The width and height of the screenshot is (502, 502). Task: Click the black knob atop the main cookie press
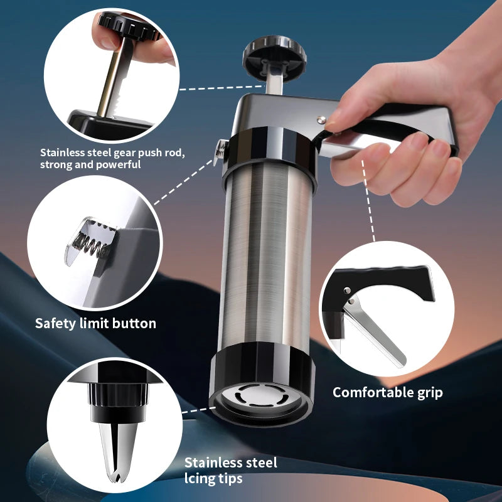274,56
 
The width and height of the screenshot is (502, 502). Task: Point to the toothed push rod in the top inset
116,77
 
